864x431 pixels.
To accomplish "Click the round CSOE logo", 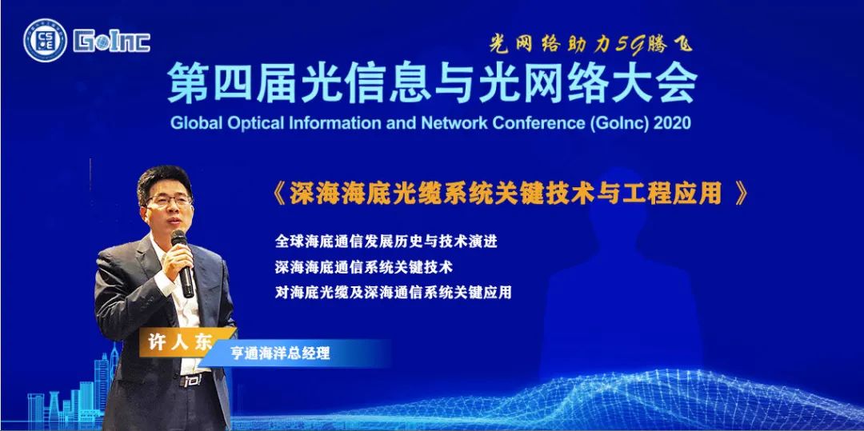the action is (45, 40).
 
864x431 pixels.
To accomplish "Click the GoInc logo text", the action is (112, 42).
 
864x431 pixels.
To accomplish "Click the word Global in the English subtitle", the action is (197, 123).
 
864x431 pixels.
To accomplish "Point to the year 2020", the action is (672, 123).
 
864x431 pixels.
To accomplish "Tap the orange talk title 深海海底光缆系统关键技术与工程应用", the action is (506, 194).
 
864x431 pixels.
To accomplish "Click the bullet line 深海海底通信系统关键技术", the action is (364, 268).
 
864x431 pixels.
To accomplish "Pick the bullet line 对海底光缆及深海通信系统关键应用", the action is (393, 293).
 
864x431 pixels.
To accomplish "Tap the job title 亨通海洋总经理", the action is (280, 353).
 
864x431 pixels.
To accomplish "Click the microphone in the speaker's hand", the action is (183, 264).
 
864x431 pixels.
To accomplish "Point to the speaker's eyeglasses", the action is (169, 201).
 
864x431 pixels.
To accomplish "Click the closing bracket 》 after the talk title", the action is (741, 194).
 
